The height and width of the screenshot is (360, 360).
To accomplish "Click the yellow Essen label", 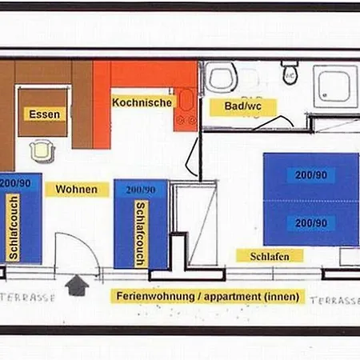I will pos(44,114).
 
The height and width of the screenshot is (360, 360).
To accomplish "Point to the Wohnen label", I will pos(77,190).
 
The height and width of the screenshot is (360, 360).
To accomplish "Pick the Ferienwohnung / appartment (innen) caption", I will pos(207,296).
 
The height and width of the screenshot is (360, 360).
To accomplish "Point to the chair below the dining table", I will pos(40,149).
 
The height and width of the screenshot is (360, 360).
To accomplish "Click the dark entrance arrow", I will pos(77,285).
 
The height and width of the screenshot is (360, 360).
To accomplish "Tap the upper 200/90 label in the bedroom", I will pos(310,175).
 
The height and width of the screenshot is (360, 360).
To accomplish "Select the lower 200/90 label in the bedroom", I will pos(310,222).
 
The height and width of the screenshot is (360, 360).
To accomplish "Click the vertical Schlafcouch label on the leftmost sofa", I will pos(14,227).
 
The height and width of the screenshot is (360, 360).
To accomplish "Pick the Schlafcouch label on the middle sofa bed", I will pos(141,227).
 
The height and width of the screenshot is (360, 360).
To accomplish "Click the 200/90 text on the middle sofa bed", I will pos(140,190).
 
